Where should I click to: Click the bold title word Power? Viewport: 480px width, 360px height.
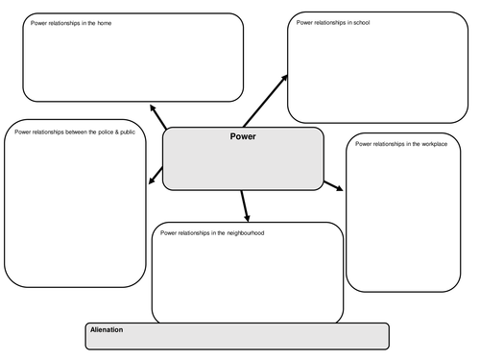[x=243, y=136]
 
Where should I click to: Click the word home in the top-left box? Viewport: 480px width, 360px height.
[x=104, y=23]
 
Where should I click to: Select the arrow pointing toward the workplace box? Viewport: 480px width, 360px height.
[x=333, y=183]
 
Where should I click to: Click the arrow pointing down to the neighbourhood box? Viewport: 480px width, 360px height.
[x=244, y=204]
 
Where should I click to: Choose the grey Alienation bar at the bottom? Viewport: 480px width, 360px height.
[x=236, y=336]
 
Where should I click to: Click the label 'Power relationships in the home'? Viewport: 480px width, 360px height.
[x=71, y=23]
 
